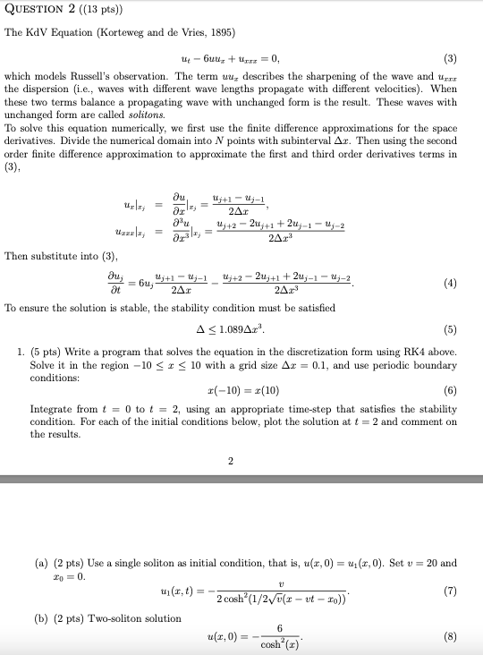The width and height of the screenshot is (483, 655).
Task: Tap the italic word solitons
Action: [146, 115]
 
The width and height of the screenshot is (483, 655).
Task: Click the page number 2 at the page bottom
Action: [230, 462]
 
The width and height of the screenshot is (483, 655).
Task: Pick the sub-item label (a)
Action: [39, 563]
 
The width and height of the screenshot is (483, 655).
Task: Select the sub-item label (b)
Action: [39, 617]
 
